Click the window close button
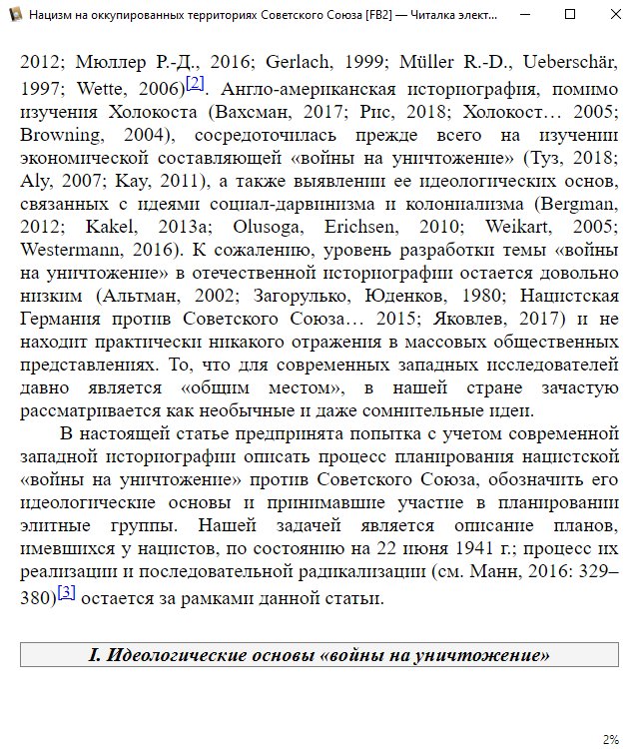tap(614, 16)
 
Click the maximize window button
tap(569, 16)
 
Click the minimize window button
tap(524, 16)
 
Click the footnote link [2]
tap(195, 82)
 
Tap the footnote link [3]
tap(67, 592)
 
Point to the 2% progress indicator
tap(610, 739)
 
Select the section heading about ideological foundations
tap(319, 655)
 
